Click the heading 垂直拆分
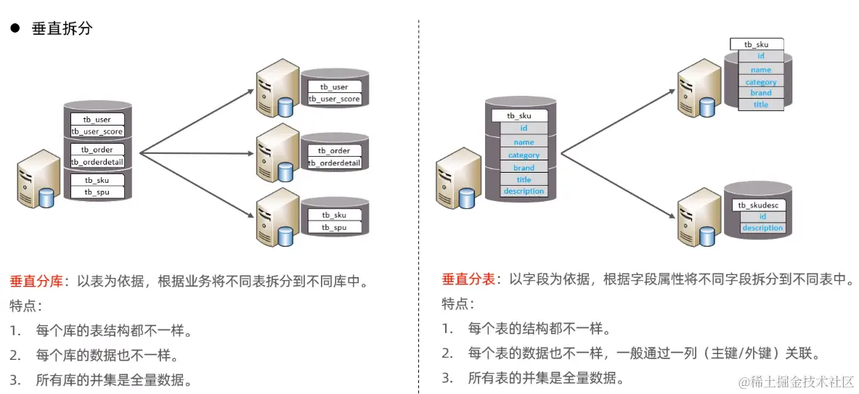62,29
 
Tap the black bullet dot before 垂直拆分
15,29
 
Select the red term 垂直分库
36,281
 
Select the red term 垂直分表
468,279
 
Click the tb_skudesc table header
757,205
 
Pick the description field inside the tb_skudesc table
762,228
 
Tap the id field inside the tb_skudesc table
762,216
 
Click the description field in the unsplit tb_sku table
524,192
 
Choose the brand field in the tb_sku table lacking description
760,93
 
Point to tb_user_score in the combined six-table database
97,131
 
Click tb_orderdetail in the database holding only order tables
334,163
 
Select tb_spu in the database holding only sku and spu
334,227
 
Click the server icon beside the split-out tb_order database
275,154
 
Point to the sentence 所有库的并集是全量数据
114,379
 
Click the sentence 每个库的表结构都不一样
114,331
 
